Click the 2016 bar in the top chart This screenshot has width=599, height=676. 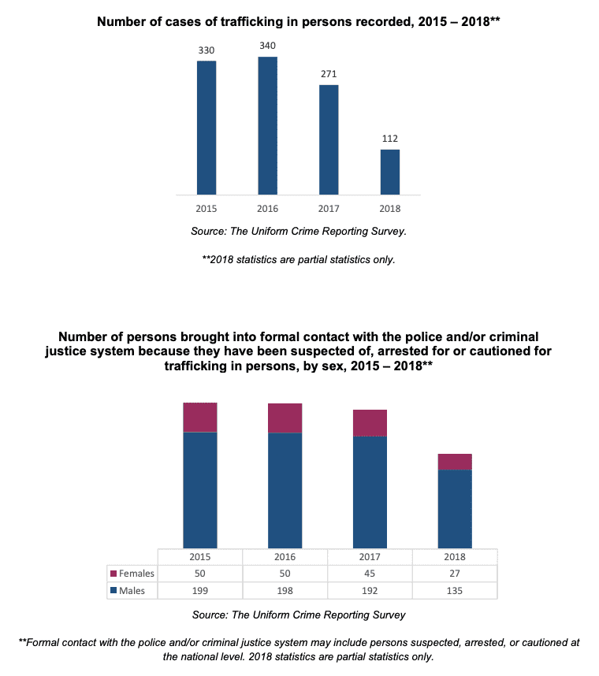pos(267,125)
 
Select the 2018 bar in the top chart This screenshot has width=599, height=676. pos(389,172)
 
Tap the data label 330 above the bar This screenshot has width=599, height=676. pos(206,50)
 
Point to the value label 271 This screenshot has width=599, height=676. pos(329,74)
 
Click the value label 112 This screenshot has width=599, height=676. pos(389,139)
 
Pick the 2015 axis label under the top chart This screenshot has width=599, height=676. pos(206,209)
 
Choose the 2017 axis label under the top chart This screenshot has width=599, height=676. pos(329,209)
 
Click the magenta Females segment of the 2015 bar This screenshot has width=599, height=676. pos(200,418)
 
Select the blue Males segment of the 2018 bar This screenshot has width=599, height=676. pos(455,508)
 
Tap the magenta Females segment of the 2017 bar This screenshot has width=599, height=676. pos(370,423)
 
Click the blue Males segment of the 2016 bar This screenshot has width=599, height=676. pos(285,490)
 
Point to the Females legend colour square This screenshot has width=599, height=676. pos(113,574)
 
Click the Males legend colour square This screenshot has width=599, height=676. pos(113,591)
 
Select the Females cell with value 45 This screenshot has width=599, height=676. pos(370,574)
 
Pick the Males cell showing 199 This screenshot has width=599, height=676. pos(200,591)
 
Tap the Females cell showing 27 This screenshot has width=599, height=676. pos(455,574)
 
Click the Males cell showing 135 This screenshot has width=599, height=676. pos(455,591)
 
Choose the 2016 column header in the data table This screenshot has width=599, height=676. pos(285,556)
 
